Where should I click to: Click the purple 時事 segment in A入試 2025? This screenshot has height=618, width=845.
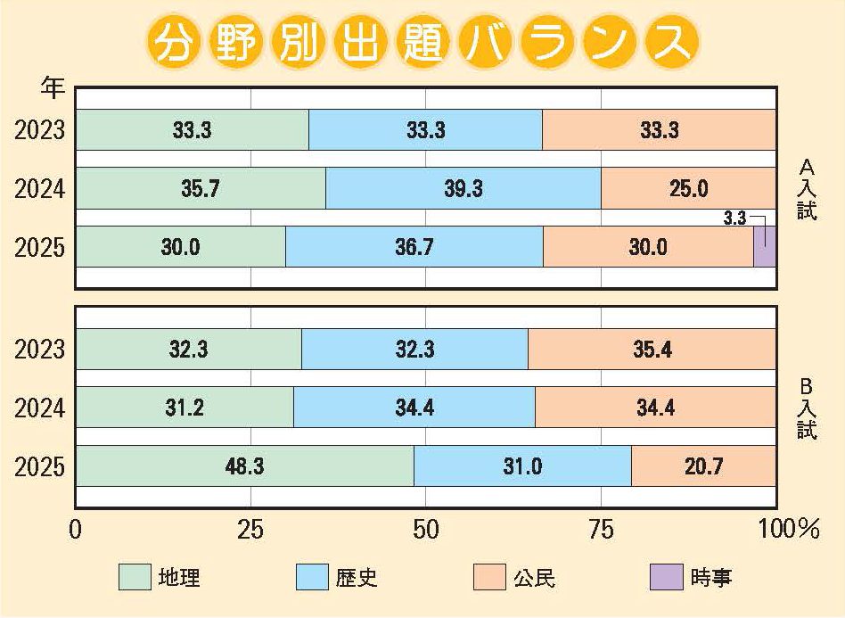[x=764, y=247]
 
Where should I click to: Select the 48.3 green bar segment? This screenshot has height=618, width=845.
[x=245, y=466]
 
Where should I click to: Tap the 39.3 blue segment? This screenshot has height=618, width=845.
[x=464, y=189]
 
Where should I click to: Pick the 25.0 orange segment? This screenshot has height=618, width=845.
[x=688, y=189]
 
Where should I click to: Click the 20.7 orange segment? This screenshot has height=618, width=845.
[x=703, y=466]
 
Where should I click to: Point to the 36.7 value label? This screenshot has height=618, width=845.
[x=414, y=247]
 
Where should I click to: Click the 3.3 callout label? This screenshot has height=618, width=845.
[x=734, y=217]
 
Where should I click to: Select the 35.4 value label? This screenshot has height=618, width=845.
[x=652, y=349]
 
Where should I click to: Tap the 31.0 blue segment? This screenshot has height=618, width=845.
[x=522, y=466]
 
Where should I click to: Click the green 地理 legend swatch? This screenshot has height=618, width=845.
[x=135, y=578]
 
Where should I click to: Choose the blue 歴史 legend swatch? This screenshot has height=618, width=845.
[x=312, y=578]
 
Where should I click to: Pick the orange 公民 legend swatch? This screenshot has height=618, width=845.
[x=489, y=578]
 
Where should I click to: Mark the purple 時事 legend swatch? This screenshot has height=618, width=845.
[x=667, y=578]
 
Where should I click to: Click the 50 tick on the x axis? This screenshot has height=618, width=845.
[x=426, y=530]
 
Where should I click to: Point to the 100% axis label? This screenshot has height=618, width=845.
[x=788, y=530]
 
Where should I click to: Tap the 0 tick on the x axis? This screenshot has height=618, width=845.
[x=76, y=530]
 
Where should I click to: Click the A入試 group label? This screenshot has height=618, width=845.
[x=807, y=189]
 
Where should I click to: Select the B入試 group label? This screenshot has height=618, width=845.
[x=807, y=408]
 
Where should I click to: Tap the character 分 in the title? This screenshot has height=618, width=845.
[x=171, y=42]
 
